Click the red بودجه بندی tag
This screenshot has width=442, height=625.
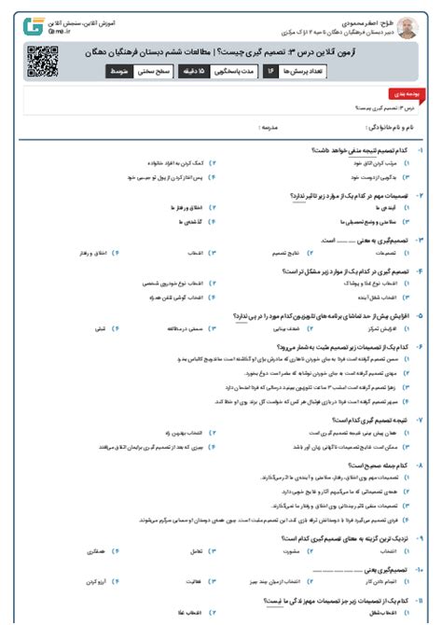399,95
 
